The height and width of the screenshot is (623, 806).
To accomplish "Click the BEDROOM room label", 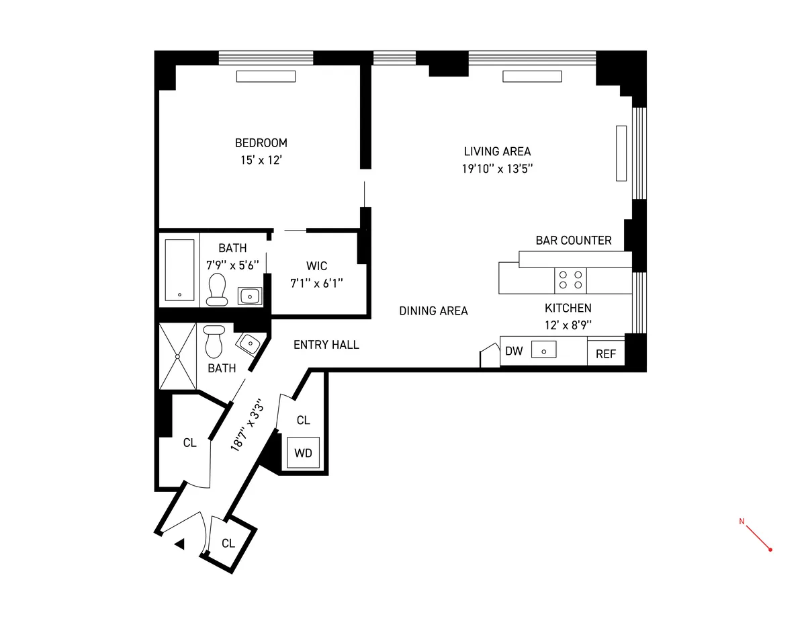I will (261, 143).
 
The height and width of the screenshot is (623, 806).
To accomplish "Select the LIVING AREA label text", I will (497, 151).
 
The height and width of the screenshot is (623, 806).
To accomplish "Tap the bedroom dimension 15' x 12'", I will (261, 161).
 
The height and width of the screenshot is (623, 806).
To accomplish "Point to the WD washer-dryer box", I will (303, 453).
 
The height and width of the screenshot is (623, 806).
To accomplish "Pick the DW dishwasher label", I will (514, 351).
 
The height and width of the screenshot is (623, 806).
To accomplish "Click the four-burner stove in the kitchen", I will (570, 280).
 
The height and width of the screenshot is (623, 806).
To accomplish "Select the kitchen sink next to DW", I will (543, 350).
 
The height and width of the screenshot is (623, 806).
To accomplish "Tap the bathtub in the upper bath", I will (179, 269).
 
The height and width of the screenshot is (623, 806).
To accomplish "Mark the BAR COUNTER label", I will (574, 241).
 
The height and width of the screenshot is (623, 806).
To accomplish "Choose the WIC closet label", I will (316, 266).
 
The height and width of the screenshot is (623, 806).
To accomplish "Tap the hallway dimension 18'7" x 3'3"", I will (245, 425).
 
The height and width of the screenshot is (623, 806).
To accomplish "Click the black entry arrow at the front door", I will (179, 544).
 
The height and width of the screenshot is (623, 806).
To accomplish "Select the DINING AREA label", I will (433, 311).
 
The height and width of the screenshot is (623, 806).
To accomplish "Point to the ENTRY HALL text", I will (326, 345).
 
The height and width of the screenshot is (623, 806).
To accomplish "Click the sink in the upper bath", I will (250, 295).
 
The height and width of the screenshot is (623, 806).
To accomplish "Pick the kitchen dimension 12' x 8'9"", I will (568, 325).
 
